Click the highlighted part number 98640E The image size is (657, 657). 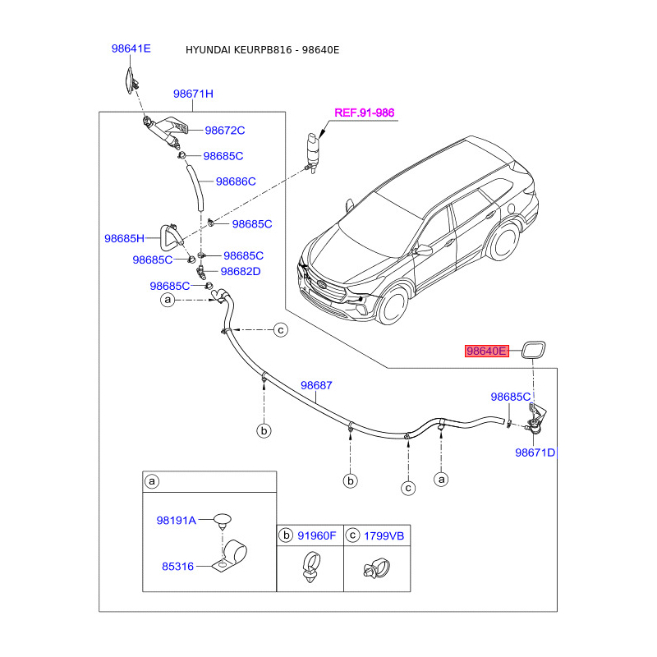(x=486, y=351)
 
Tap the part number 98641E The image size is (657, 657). (x=131, y=48)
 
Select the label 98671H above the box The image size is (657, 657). (x=193, y=94)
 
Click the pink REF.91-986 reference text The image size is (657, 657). (x=364, y=113)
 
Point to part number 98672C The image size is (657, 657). (x=224, y=131)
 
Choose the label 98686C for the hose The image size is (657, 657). (x=236, y=181)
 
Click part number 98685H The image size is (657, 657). (x=124, y=238)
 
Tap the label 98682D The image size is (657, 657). (x=241, y=272)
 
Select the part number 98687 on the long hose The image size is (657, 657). (x=316, y=385)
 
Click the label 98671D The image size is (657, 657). (x=535, y=453)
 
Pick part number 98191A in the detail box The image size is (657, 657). (x=176, y=521)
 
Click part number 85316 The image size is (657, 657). (x=177, y=567)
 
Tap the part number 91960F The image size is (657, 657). (x=317, y=536)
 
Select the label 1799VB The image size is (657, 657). (x=384, y=536)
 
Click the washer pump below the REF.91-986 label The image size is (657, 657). (x=313, y=152)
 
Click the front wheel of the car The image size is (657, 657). (x=394, y=305)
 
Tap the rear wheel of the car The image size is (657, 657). (x=504, y=242)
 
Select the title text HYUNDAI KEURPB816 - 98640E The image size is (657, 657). (x=262, y=50)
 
